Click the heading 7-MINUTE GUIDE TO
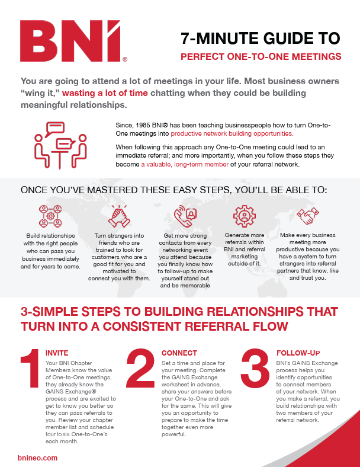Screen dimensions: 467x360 (x=261, y=39)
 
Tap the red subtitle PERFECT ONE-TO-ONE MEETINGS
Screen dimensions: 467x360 (x=261, y=57)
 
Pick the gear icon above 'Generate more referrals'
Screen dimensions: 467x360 (x=243, y=216)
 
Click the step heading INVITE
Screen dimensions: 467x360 (x=57, y=353)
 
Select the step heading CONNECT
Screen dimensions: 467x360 (x=179, y=353)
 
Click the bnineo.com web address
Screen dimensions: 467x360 (x=37, y=458)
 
